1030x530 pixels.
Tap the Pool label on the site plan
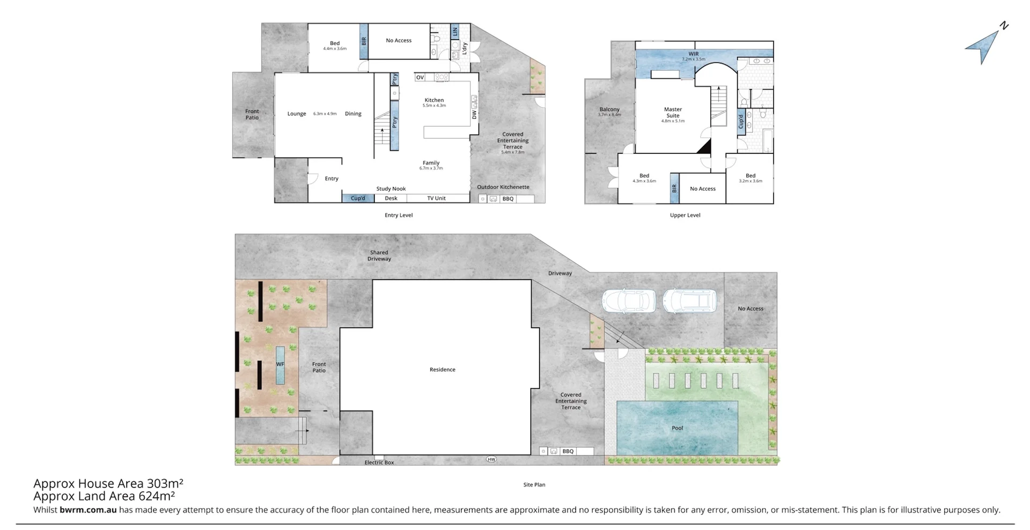[x=677, y=428]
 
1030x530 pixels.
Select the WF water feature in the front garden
[x=280, y=365]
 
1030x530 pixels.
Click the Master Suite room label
[x=673, y=113]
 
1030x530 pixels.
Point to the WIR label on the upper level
[x=694, y=54]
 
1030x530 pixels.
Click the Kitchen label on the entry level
[x=434, y=100]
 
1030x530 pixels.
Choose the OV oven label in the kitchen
[x=420, y=78]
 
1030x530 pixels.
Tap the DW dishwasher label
[x=474, y=115]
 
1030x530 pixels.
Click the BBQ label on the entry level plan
[x=507, y=199]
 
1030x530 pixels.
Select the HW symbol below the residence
[x=491, y=459]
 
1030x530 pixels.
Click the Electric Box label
[x=379, y=462]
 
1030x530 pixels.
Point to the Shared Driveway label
[x=379, y=255]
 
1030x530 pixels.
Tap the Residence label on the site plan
[x=442, y=370]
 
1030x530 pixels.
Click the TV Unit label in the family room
[x=436, y=198]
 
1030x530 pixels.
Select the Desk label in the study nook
[x=391, y=198]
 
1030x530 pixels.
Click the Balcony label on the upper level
[x=609, y=109]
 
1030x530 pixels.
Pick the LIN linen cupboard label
[x=455, y=32]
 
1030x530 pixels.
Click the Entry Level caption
[x=399, y=215]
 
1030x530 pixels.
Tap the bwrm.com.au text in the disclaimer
[x=88, y=510]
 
